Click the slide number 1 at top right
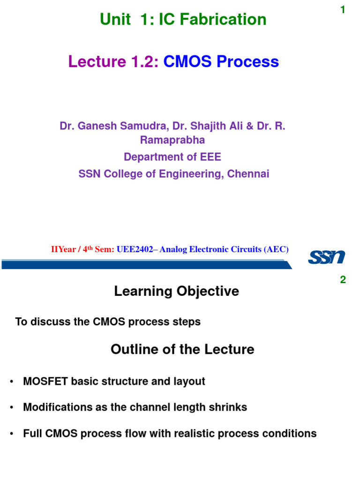(343, 10)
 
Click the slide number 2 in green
(343, 280)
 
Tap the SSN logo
(326, 257)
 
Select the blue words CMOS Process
(221, 61)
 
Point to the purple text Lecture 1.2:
(114, 61)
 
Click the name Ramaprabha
(172, 140)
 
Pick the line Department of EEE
(172, 157)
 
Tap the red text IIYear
(63, 250)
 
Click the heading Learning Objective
(176, 292)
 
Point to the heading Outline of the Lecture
(182, 349)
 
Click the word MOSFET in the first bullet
(45, 382)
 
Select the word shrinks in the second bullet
(229, 407)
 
